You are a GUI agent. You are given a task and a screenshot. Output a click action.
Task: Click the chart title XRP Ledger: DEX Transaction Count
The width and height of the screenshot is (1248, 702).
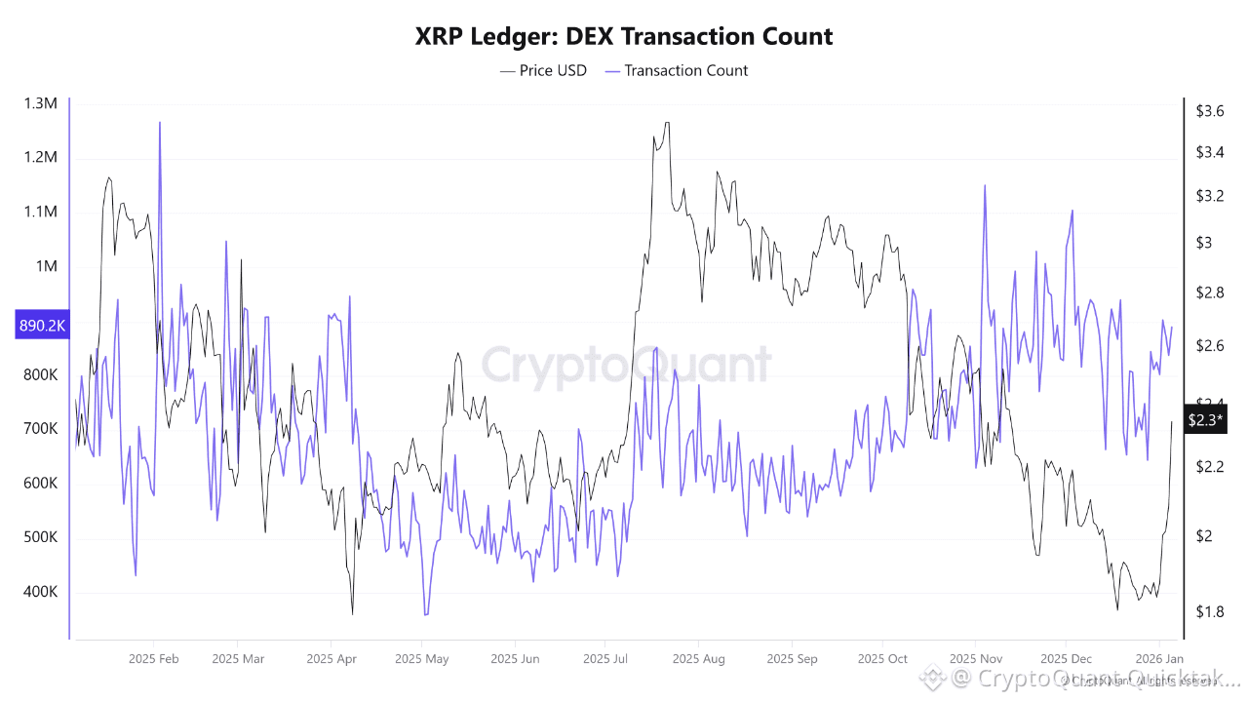624,37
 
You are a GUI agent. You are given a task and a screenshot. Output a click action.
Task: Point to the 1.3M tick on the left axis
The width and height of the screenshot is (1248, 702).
41,103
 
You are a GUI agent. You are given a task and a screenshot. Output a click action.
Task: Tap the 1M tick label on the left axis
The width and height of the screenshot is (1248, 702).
47,266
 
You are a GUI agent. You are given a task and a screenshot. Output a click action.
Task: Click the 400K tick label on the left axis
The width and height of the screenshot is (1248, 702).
40,592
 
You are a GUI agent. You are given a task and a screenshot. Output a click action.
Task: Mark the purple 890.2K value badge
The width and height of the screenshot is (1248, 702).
41,326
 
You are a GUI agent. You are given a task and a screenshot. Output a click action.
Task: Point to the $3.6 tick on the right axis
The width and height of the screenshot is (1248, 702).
1210,111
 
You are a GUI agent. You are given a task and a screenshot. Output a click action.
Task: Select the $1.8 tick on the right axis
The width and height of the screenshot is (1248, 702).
1210,611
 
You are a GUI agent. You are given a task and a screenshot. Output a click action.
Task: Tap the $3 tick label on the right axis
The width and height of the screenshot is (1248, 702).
1204,242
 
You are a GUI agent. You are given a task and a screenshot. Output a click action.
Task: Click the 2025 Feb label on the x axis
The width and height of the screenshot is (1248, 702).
155,659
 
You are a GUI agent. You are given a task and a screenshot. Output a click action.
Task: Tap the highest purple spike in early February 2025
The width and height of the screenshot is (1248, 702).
159,123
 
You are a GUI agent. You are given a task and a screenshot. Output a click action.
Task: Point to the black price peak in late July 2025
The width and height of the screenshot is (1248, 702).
667,123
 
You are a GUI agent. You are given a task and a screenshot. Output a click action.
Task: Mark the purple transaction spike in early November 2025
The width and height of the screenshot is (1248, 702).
985,185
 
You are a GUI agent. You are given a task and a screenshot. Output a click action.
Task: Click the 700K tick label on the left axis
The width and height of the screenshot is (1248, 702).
40,429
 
